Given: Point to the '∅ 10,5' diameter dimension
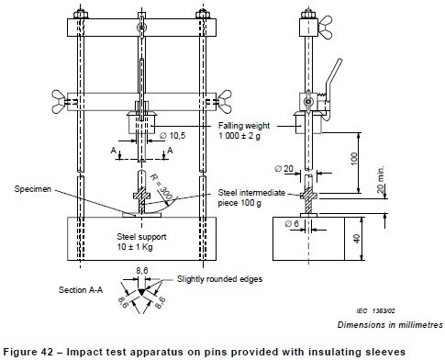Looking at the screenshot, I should point(172,137).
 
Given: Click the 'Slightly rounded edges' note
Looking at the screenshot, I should point(212,280).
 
